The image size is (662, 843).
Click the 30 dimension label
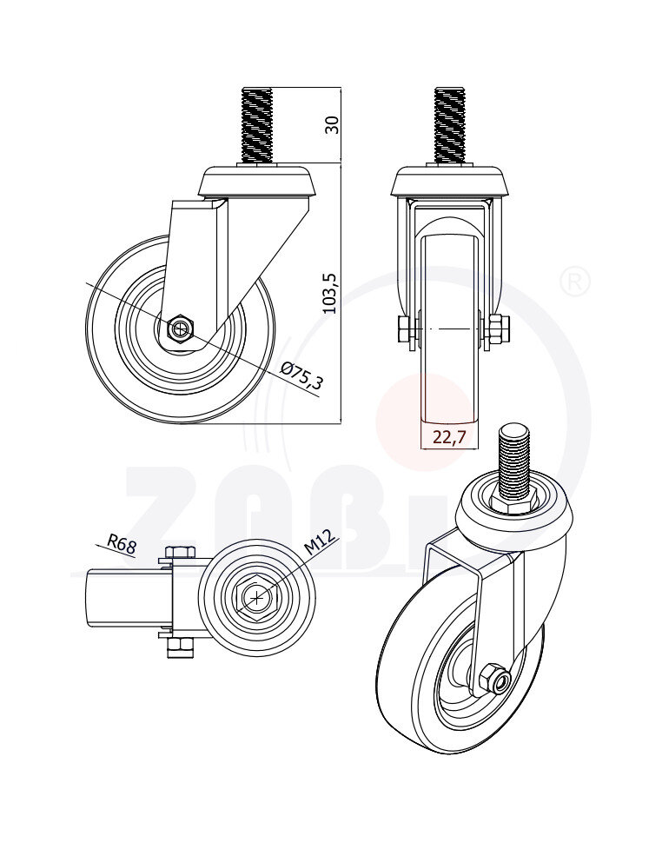click(x=330, y=124)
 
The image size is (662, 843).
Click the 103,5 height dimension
click(x=329, y=292)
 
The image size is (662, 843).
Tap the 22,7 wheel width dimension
click(x=449, y=438)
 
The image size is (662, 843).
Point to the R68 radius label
click(x=122, y=546)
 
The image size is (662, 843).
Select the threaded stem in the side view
click(x=257, y=126)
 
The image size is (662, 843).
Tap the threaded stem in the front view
click(x=449, y=126)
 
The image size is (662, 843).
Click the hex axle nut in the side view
click(x=180, y=329)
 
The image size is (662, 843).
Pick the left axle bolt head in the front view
click(x=406, y=329)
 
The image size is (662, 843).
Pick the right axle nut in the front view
click(x=499, y=329)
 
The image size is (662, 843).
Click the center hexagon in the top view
click(x=257, y=597)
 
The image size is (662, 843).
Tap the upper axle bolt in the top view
click(x=180, y=554)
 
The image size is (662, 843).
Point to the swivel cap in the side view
click(x=257, y=181)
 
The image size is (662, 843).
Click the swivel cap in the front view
click(x=449, y=181)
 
